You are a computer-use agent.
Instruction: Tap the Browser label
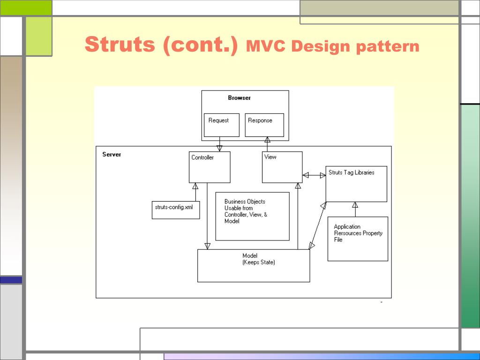pyautogui.click(x=240, y=98)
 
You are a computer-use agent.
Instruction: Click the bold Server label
pyautogui.click(x=112, y=155)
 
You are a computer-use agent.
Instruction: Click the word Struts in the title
pyautogui.click(x=120, y=45)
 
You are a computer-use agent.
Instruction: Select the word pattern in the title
pyautogui.click(x=388, y=46)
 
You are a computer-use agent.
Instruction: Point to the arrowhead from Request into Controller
pyautogui.click(x=219, y=149)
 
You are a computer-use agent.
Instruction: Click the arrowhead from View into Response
pyautogui.click(x=267, y=140)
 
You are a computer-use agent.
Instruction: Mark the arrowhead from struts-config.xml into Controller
pyautogui.click(x=195, y=186)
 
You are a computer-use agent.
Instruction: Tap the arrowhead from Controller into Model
pyautogui.click(x=207, y=246)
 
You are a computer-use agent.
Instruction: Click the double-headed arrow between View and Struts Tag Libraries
pyautogui.click(x=314, y=175)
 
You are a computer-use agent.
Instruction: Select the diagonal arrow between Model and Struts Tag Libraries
pyautogui.click(x=318, y=225)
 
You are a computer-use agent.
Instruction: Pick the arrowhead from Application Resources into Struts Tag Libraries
pyautogui.click(x=355, y=205)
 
